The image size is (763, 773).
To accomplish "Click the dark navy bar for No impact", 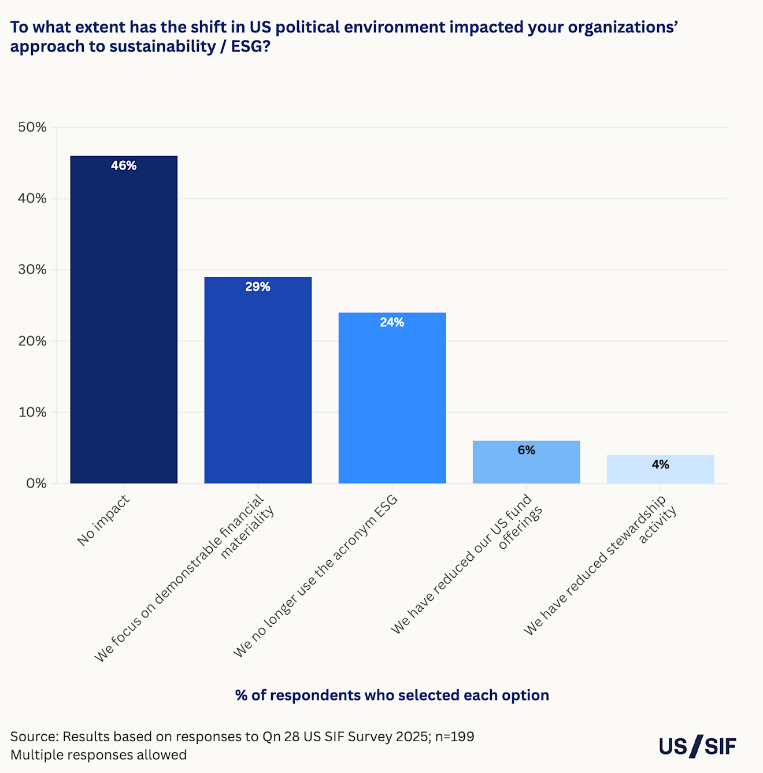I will pos(124,324).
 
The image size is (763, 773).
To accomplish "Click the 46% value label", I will pos(124,166).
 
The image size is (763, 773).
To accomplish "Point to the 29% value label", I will pos(258,287).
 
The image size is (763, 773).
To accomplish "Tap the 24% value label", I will pos(392,323).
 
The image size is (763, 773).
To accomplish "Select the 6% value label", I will pos(526,450).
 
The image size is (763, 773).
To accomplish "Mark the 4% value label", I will pos(660,465).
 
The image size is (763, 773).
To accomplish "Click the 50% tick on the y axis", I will pos(32,127).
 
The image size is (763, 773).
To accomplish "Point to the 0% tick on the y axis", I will pos(36,483).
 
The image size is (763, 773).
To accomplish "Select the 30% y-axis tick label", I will pos(32,269).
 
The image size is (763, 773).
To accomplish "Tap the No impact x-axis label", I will pos(103,520).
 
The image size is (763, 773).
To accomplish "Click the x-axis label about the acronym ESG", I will pos(316,576).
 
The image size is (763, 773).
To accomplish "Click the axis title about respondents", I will pos(392,695).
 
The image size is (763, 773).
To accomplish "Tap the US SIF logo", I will pos(698,746).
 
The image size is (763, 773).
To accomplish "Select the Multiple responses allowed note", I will pos(98,754).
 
